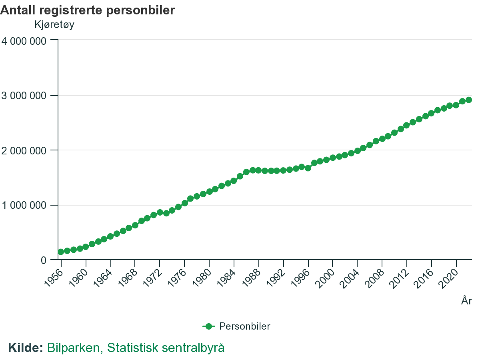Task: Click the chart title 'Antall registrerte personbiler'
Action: [x=88, y=10]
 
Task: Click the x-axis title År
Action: [x=466, y=301]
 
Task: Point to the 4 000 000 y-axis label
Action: [x=24, y=41]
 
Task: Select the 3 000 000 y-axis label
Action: [x=24, y=96]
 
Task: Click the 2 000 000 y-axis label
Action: [x=24, y=150]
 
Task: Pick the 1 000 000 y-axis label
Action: [x=24, y=205]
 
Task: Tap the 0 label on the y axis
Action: [x=44, y=260]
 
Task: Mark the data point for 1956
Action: [x=61, y=252]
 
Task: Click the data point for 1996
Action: [x=308, y=168]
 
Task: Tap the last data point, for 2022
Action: [x=468, y=100]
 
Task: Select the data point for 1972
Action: [x=160, y=212]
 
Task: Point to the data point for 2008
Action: [x=382, y=139]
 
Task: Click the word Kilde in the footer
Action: [x=25, y=348]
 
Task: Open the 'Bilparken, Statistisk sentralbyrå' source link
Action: [x=136, y=348]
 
